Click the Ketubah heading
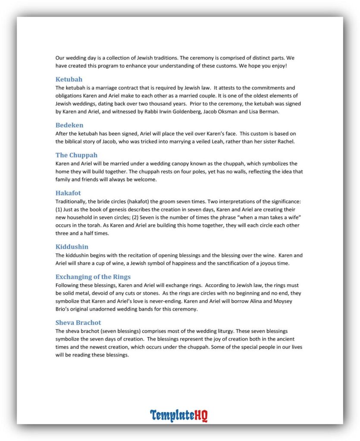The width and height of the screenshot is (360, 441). [x=69, y=79]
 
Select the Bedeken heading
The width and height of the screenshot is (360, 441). [x=69, y=125]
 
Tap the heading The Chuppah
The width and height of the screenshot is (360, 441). [x=76, y=155]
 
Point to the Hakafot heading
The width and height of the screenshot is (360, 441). [x=68, y=193]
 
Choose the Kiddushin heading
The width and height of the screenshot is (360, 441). [x=72, y=247]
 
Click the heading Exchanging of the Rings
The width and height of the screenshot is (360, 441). [x=93, y=277]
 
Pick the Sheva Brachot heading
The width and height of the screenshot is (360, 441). [x=78, y=323]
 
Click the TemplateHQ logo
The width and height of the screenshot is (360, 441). [x=179, y=416]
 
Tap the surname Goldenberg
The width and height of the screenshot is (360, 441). [x=178, y=112]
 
